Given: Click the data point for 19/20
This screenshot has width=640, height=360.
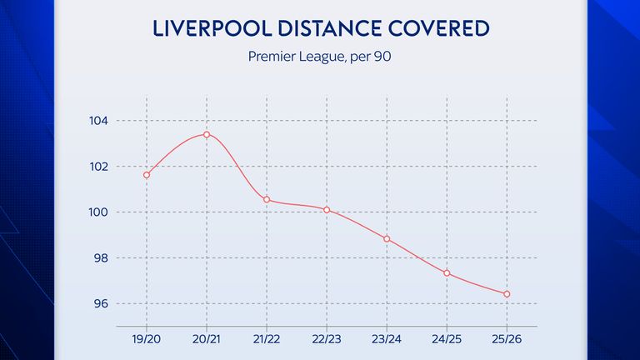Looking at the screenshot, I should [147, 175].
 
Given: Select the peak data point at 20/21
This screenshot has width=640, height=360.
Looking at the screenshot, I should [207, 134].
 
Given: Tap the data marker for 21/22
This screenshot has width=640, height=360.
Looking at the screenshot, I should [267, 199].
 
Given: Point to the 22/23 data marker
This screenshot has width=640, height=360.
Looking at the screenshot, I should [327, 210].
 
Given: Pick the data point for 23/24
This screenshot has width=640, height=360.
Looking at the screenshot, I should [387, 239].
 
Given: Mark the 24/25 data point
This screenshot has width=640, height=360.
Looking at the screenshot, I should [447, 272].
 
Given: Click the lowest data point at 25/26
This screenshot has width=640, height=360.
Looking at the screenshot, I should [507, 293].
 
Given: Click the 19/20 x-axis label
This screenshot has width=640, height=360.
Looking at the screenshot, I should [147, 342].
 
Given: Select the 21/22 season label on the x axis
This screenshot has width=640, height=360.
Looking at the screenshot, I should [267, 342].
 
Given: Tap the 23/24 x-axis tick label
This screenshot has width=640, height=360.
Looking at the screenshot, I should [387, 342].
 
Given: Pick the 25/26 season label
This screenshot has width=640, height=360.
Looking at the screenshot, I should [507, 342].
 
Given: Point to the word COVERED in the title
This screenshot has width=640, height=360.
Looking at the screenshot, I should [436, 29].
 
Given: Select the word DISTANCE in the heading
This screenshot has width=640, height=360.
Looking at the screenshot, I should [320, 29].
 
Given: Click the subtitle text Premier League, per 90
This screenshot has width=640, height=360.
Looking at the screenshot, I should [320, 57].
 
